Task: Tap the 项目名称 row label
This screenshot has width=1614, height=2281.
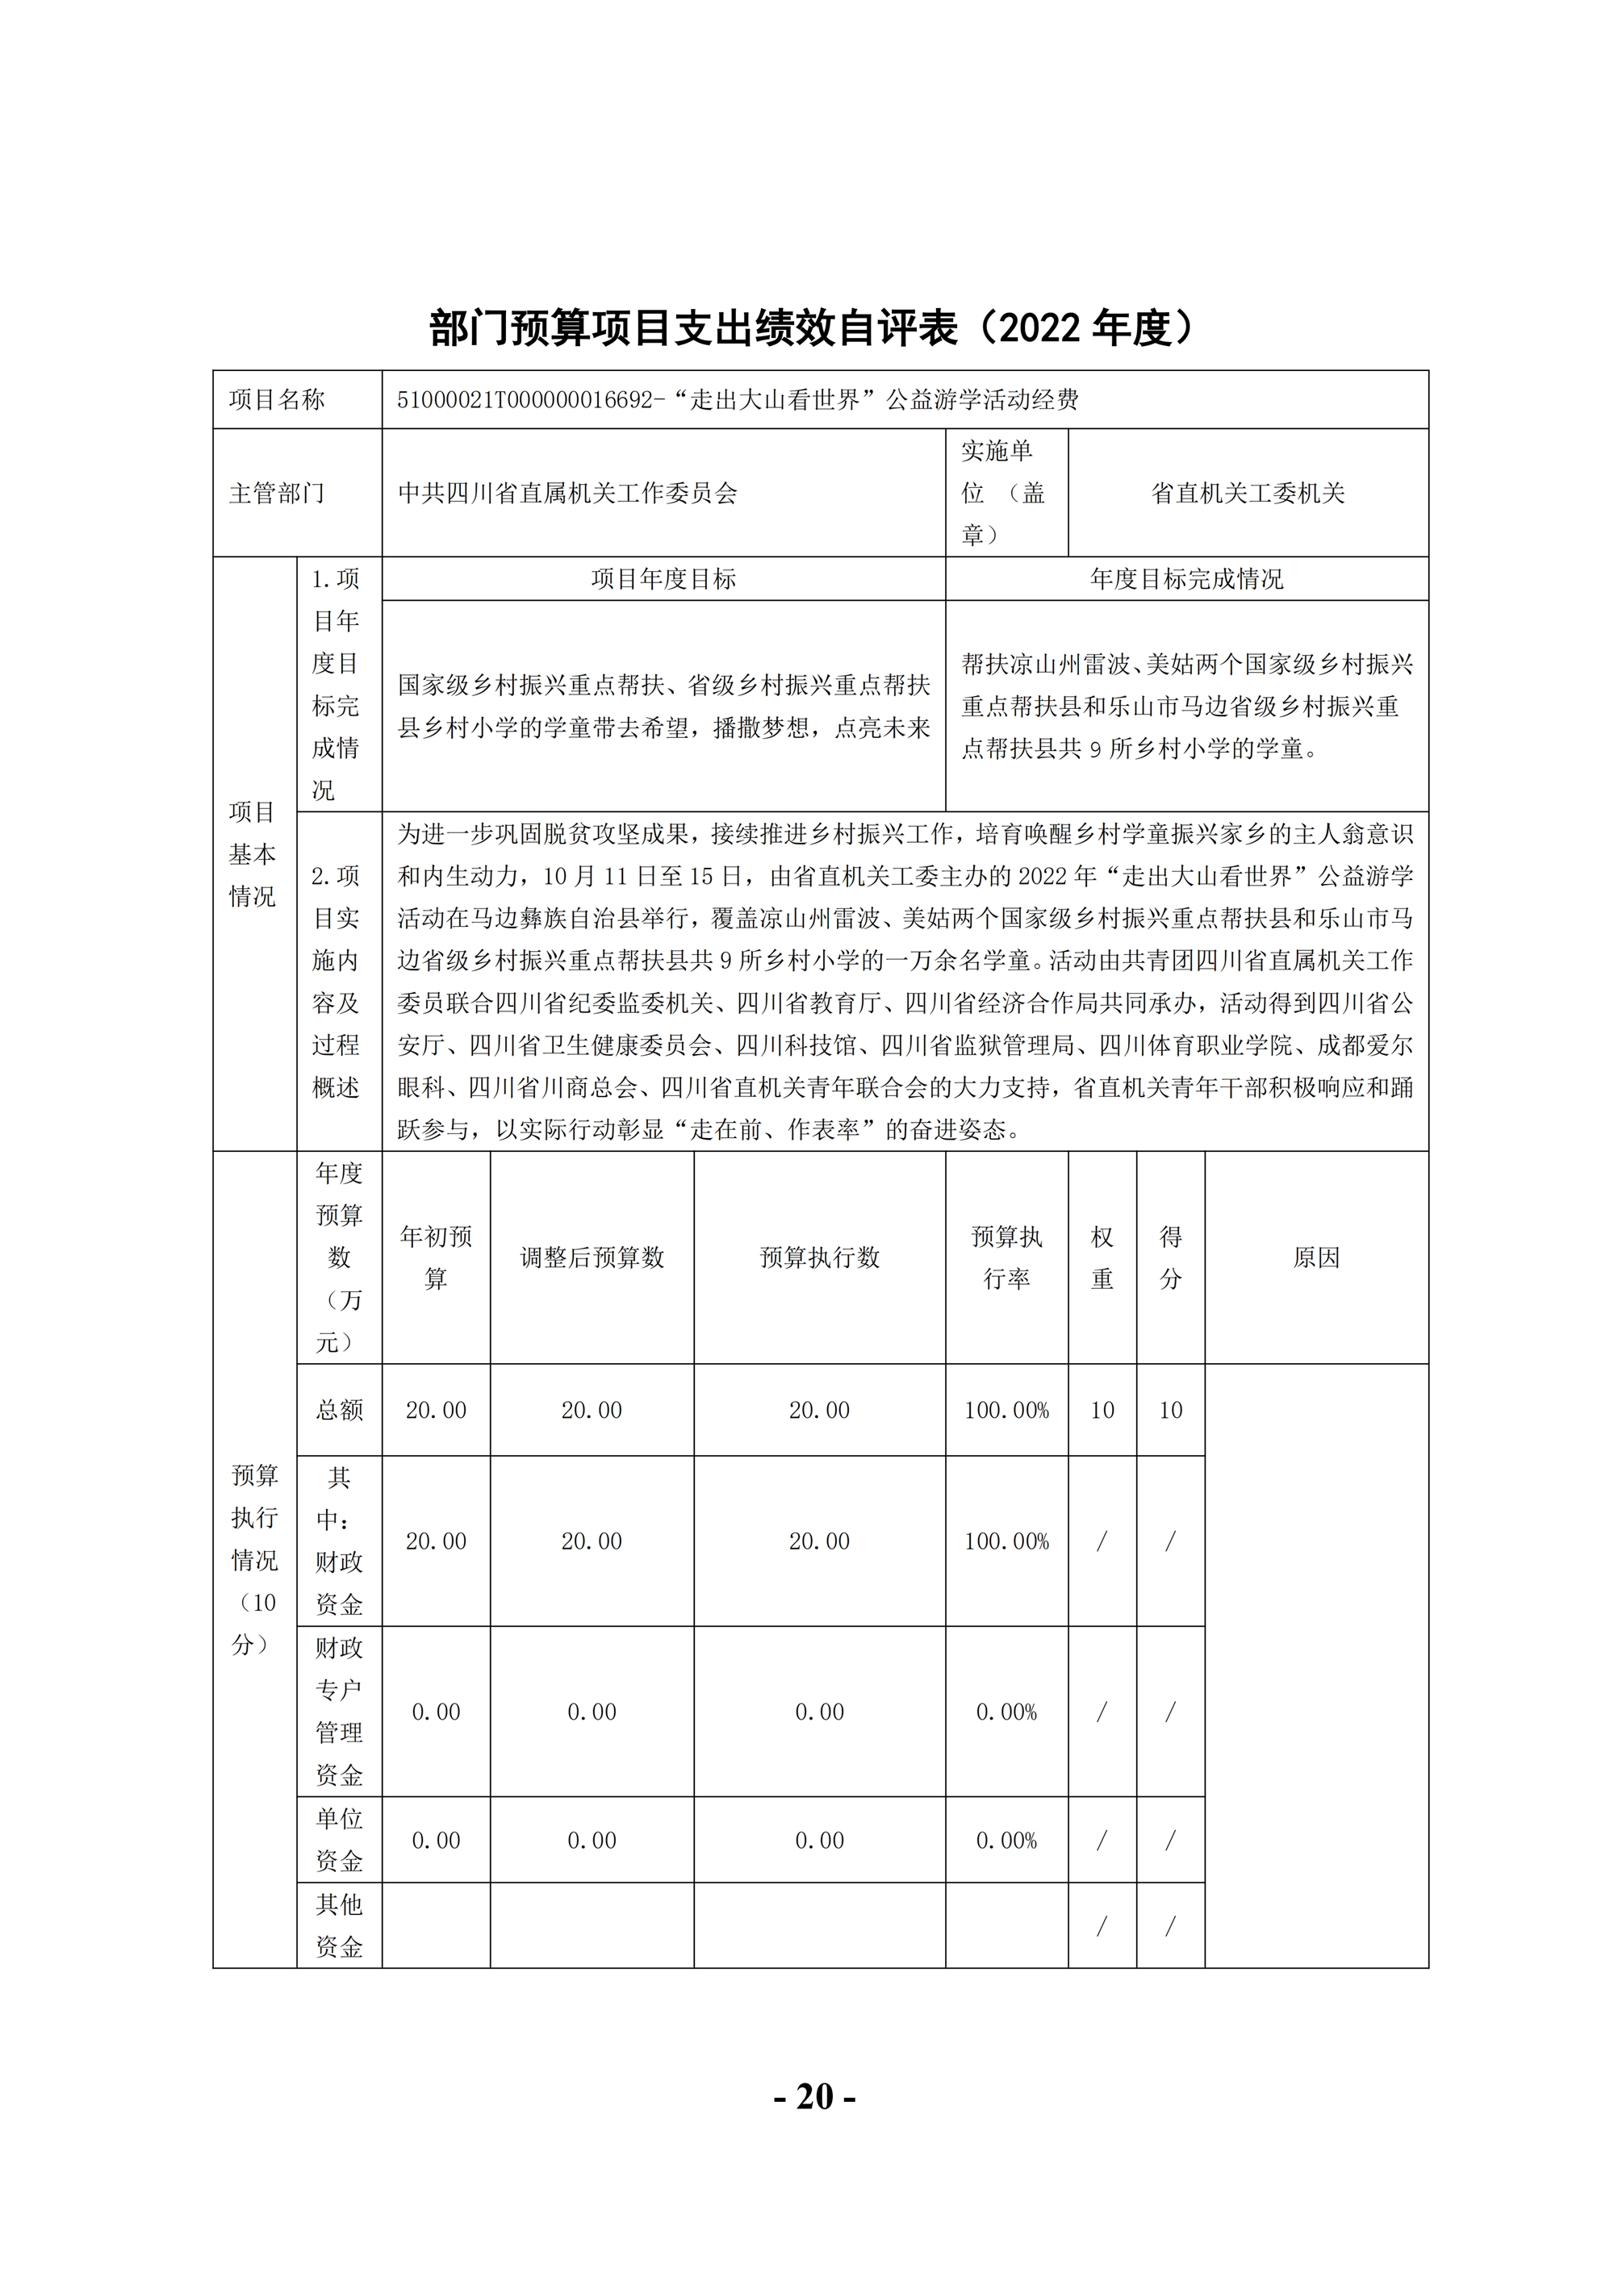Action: pos(278,399)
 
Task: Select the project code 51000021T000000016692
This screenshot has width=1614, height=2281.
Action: pos(523,400)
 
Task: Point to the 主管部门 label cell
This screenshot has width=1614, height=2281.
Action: pos(278,493)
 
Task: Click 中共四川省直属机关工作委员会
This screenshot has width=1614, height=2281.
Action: pos(567,493)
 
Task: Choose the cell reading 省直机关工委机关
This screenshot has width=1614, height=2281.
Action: pos(1248,493)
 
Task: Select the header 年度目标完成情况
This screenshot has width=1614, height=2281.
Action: pos(1186,579)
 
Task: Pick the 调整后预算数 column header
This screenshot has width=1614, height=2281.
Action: pos(592,1257)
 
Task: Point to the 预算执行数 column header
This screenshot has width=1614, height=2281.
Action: pos(819,1257)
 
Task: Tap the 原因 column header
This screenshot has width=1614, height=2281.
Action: pos(1316,1257)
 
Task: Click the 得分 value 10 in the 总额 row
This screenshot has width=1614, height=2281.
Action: pos(1170,1410)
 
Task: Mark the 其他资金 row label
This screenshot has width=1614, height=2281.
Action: pos(339,1925)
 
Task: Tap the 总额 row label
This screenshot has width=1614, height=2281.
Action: pos(339,1410)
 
